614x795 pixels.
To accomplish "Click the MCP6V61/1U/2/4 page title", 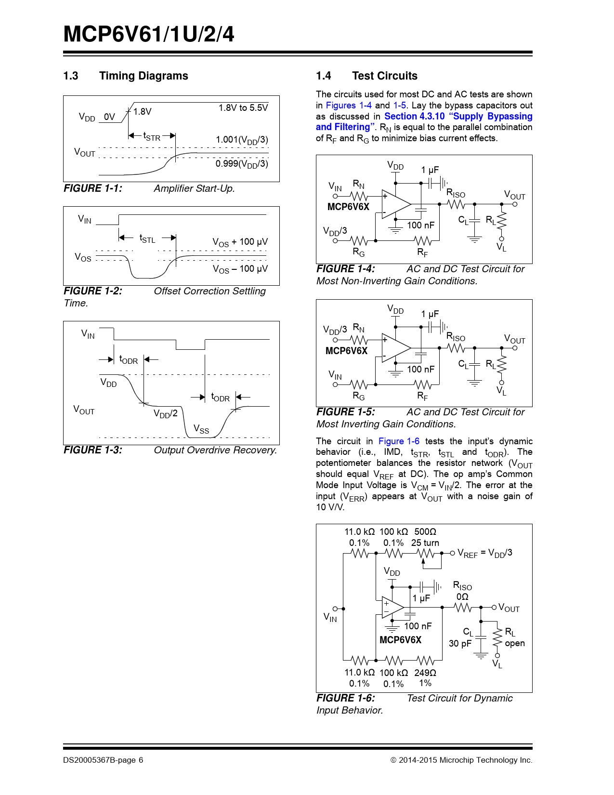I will click(148, 35).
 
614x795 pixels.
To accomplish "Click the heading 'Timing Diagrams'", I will click(143, 76).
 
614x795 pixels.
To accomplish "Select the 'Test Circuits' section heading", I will click(384, 76).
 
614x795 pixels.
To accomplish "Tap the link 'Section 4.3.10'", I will click(414, 116).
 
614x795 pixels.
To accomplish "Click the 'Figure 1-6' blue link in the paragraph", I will click(398, 441).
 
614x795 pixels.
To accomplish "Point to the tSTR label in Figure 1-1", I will click(152, 137).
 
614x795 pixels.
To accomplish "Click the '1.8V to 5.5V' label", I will click(243, 108).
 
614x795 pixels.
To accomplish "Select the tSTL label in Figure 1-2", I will click(147, 238).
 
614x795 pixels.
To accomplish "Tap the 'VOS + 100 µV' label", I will click(240, 242).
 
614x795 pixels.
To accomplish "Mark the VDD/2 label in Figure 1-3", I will click(165, 414).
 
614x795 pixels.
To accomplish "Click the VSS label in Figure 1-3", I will click(201, 429).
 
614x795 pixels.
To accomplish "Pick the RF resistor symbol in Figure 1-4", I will click(423, 240).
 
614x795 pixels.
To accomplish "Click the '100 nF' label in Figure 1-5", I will click(420, 370).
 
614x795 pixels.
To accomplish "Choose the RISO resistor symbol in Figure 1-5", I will click(457, 348).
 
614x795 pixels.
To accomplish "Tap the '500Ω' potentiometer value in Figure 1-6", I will click(425, 532).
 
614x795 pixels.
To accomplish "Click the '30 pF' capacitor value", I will click(460, 644).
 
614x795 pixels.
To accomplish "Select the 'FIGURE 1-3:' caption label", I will click(93, 450).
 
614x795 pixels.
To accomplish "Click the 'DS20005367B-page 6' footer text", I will click(103, 760).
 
